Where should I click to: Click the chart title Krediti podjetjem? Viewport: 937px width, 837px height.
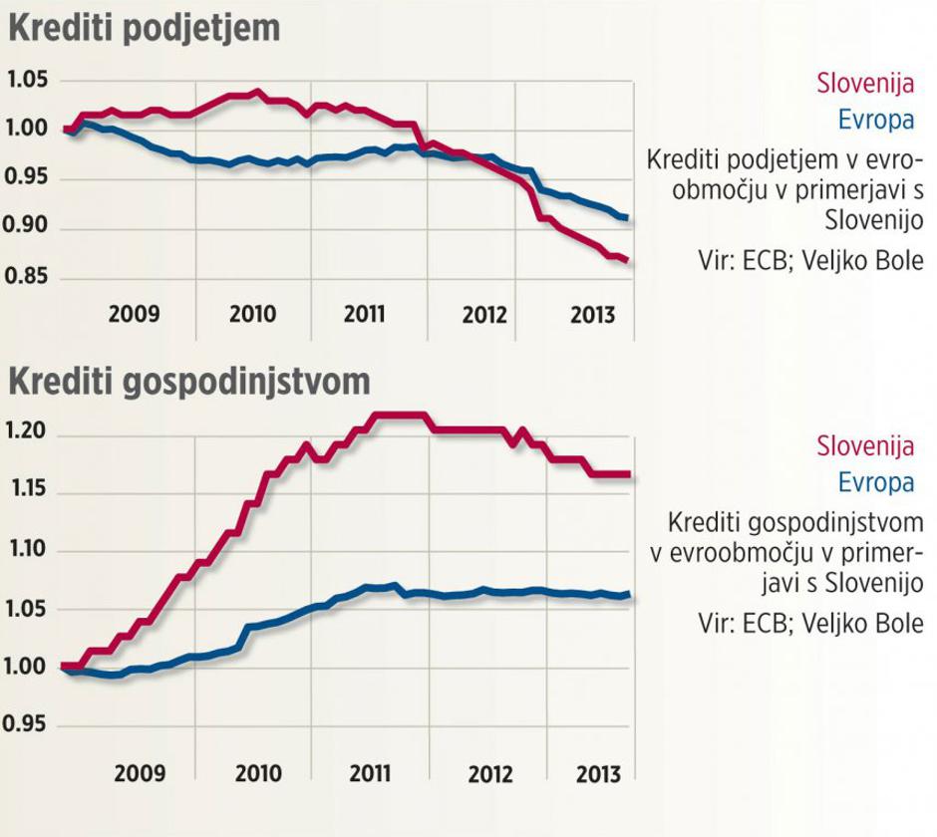[x=144, y=27]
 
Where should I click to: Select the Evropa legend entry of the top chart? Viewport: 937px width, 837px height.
[x=875, y=120]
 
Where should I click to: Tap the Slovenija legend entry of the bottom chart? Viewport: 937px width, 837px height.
[x=865, y=445]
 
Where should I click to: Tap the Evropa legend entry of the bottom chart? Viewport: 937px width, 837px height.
[x=875, y=482]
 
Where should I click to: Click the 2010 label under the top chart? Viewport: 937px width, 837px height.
[x=252, y=314]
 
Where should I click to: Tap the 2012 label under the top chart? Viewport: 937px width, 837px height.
[x=484, y=315]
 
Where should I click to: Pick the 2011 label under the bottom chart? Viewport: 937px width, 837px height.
[x=371, y=772]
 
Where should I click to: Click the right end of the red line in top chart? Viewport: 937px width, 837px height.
[x=627, y=261]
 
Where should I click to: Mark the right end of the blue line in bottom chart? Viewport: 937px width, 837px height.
[x=628, y=596]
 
